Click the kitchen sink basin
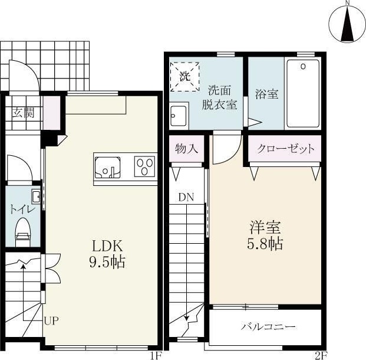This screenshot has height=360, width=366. tap(107, 166)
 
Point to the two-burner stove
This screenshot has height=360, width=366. tap(144, 166)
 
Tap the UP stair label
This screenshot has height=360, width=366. tap(51, 321)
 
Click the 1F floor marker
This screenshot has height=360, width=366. tap(154, 355)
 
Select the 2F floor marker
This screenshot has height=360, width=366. tap(320, 355)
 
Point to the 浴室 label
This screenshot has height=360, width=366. tap(266, 93)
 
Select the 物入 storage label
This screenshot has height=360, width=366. tap(186, 149)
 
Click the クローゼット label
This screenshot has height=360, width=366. tap(286, 149)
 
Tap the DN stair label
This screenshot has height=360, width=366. tap(187, 197)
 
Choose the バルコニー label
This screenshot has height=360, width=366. tap(268, 326)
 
